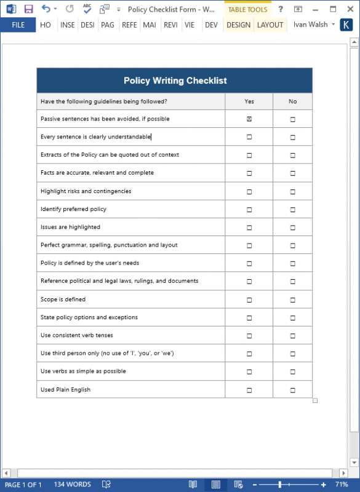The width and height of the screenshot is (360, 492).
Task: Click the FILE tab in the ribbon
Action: (x=18, y=25)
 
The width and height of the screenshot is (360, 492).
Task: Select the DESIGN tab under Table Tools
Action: (x=238, y=25)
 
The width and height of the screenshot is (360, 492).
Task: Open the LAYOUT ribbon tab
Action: (x=270, y=25)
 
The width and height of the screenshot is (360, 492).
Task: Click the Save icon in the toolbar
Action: (x=28, y=9)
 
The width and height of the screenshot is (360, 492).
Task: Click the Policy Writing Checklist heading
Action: (x=175, y=81)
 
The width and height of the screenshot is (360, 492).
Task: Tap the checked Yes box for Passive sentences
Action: (x=249, y=119)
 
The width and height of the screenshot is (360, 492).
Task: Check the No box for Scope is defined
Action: (x=292, y=300)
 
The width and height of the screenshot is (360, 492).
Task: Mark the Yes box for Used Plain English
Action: (x=249, y=390)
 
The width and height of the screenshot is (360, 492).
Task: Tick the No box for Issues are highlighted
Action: (x=292, y=228)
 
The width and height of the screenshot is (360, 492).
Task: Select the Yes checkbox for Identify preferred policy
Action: (x=249, y=210)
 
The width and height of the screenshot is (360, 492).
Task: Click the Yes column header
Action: (x=249, y=101)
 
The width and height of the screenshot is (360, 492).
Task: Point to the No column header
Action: (x=292, y=101)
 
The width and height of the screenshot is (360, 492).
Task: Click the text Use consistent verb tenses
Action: (x=77, y=336)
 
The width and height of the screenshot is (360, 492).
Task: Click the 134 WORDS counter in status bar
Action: (x=72, y=485)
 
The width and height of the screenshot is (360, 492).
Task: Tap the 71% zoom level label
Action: (x=343, y=485)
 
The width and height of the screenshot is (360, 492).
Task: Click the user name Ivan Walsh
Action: (x=311, y=25)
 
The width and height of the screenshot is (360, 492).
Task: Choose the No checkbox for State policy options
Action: (x=292, y=318)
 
